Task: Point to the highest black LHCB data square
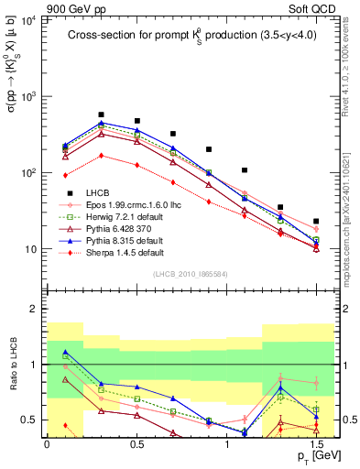(x=101, y=115)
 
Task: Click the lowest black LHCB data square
(x=316, y=221)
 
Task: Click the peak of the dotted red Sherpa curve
(x=101, y=155)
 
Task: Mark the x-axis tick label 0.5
(x=136, y=442)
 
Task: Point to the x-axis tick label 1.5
(x=316, y=442)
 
